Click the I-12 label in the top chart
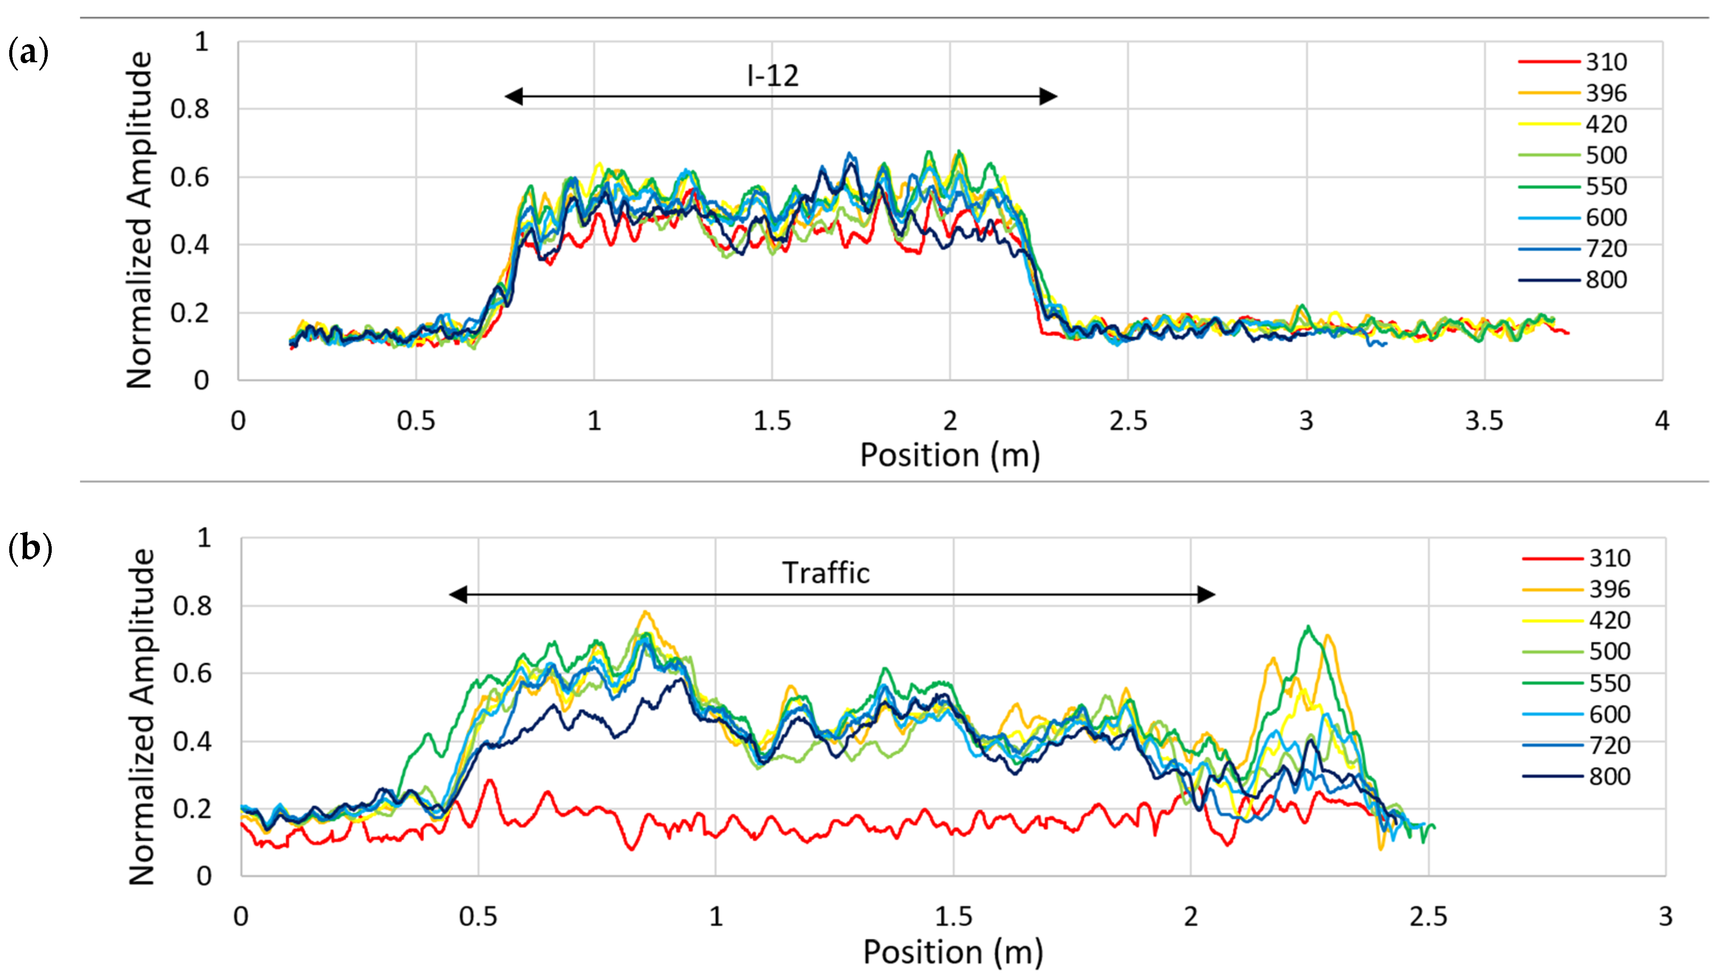point(773,75)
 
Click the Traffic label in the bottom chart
point(826,573)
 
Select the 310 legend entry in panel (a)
point(1605,62)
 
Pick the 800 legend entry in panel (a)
point(1605,279)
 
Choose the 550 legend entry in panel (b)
point(1609,683)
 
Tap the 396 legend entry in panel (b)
point(1609,589)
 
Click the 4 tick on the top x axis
point(1661,421)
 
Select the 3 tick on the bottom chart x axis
point(1665,916)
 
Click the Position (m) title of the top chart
point(950,455)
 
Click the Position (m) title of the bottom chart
point(952,952)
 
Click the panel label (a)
point(28,53)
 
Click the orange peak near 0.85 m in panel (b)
point(645,612)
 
